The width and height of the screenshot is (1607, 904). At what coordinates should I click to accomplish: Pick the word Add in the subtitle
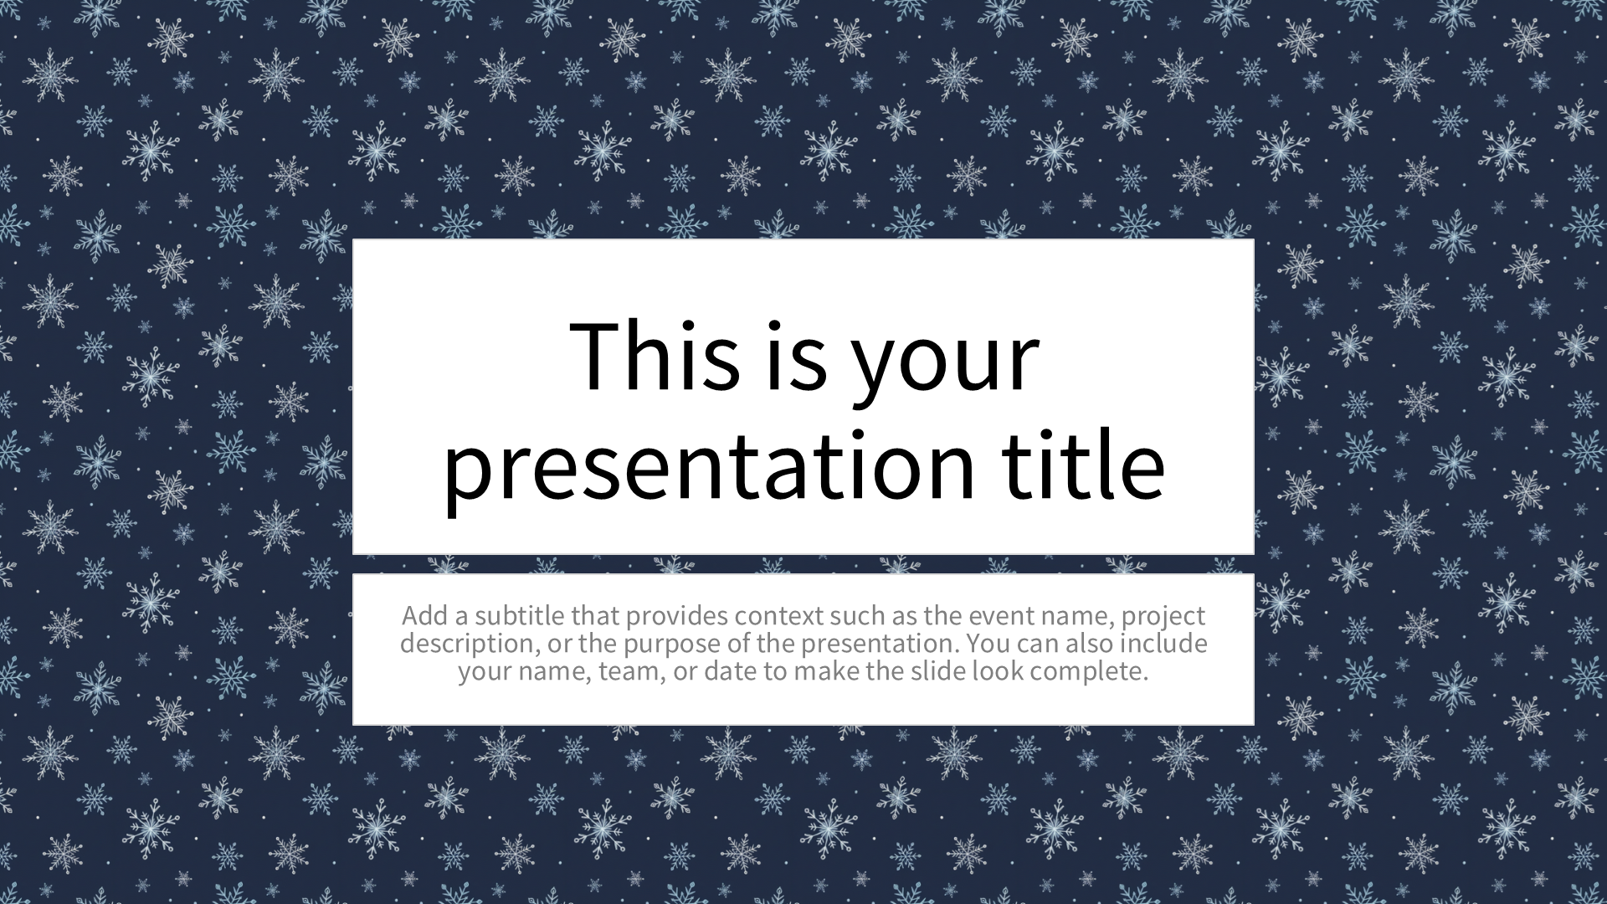click(424, 615)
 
